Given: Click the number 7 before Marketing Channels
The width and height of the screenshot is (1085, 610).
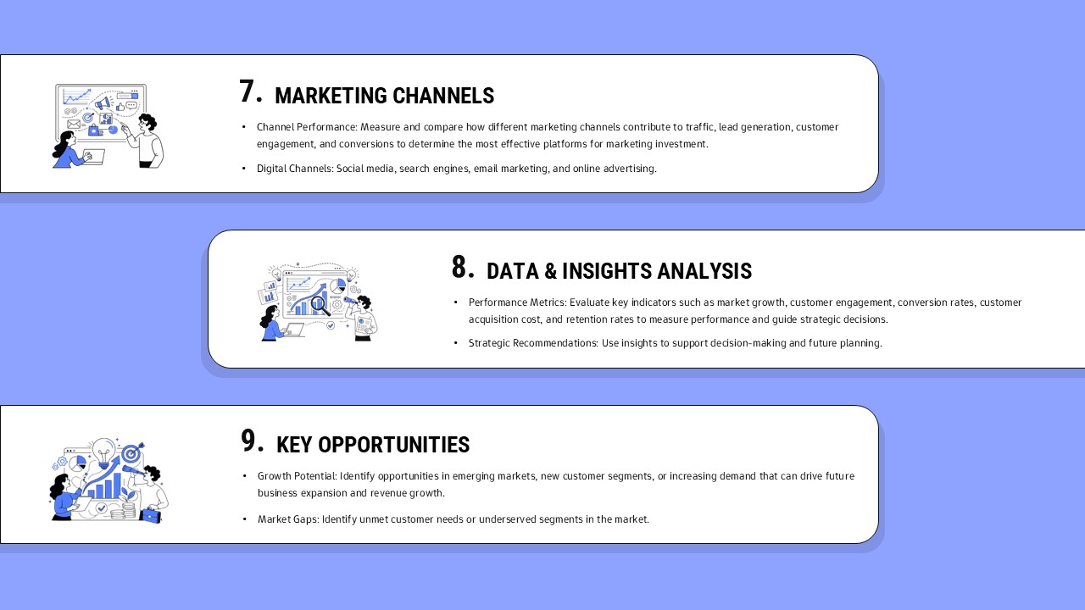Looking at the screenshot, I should (x=247, y=92).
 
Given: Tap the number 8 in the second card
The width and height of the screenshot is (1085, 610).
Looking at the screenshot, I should (x=459, y=268).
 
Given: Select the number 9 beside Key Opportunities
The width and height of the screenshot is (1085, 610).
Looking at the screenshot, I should (x=248, y=441).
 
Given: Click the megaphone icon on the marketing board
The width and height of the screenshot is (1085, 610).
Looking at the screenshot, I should (x=103, y=103).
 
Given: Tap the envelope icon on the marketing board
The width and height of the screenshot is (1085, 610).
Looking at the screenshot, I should (x=73, y=125).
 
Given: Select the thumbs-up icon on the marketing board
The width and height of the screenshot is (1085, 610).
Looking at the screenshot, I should (x=120, y=108).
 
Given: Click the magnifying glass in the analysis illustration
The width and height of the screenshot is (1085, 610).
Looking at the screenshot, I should (x=320, y=304).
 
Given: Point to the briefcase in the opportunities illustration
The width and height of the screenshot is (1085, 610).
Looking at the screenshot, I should (x=151, y=514).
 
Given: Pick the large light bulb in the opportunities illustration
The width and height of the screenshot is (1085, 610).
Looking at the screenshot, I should (x=103, y=452).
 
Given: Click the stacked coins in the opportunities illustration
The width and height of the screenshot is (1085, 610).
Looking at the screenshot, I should (x=128, y=510).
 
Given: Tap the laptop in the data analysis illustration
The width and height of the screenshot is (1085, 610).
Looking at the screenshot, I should (x=294, y=330).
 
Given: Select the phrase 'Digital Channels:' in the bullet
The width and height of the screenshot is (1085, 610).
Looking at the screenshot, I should (x=295, y=169).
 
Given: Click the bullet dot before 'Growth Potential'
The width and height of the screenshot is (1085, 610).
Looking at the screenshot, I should (x=245, y=476).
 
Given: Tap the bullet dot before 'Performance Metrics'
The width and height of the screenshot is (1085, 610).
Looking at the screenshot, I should (x=456, y=302).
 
